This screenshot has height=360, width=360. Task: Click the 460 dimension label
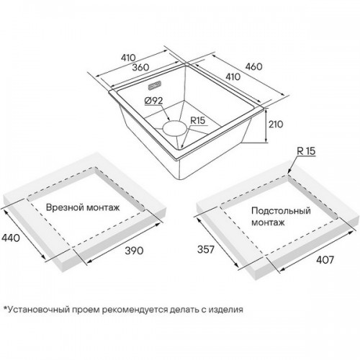(x=253, y=66)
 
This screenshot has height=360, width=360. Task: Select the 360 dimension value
(x=141, y=67)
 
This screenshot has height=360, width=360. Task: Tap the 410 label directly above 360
(x=128, y=58)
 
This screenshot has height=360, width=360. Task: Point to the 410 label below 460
(x=233, y=77)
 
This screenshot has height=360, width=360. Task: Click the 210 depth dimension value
(x=276, y=125)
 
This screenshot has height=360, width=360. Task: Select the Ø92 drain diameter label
(x=154, y=101)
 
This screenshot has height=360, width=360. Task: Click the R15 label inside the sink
(x=198, y=120)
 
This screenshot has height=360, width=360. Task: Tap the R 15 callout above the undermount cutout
(x=306, y=151)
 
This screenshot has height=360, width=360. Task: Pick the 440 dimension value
(x=11, y=238)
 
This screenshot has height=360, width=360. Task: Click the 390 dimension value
(x=134, y=251)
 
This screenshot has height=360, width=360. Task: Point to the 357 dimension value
(x=206, y=250)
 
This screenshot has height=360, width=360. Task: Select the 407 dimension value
(x=325, y=260)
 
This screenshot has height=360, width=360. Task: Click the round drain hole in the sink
(x=175, y=127)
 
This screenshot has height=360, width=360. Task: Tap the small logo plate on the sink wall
(x=155, y=86)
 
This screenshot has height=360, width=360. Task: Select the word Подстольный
(x=281, y=211)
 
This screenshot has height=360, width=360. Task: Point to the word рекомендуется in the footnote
(x=135, y=310)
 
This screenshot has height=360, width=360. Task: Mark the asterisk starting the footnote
(x=5, y=307)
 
